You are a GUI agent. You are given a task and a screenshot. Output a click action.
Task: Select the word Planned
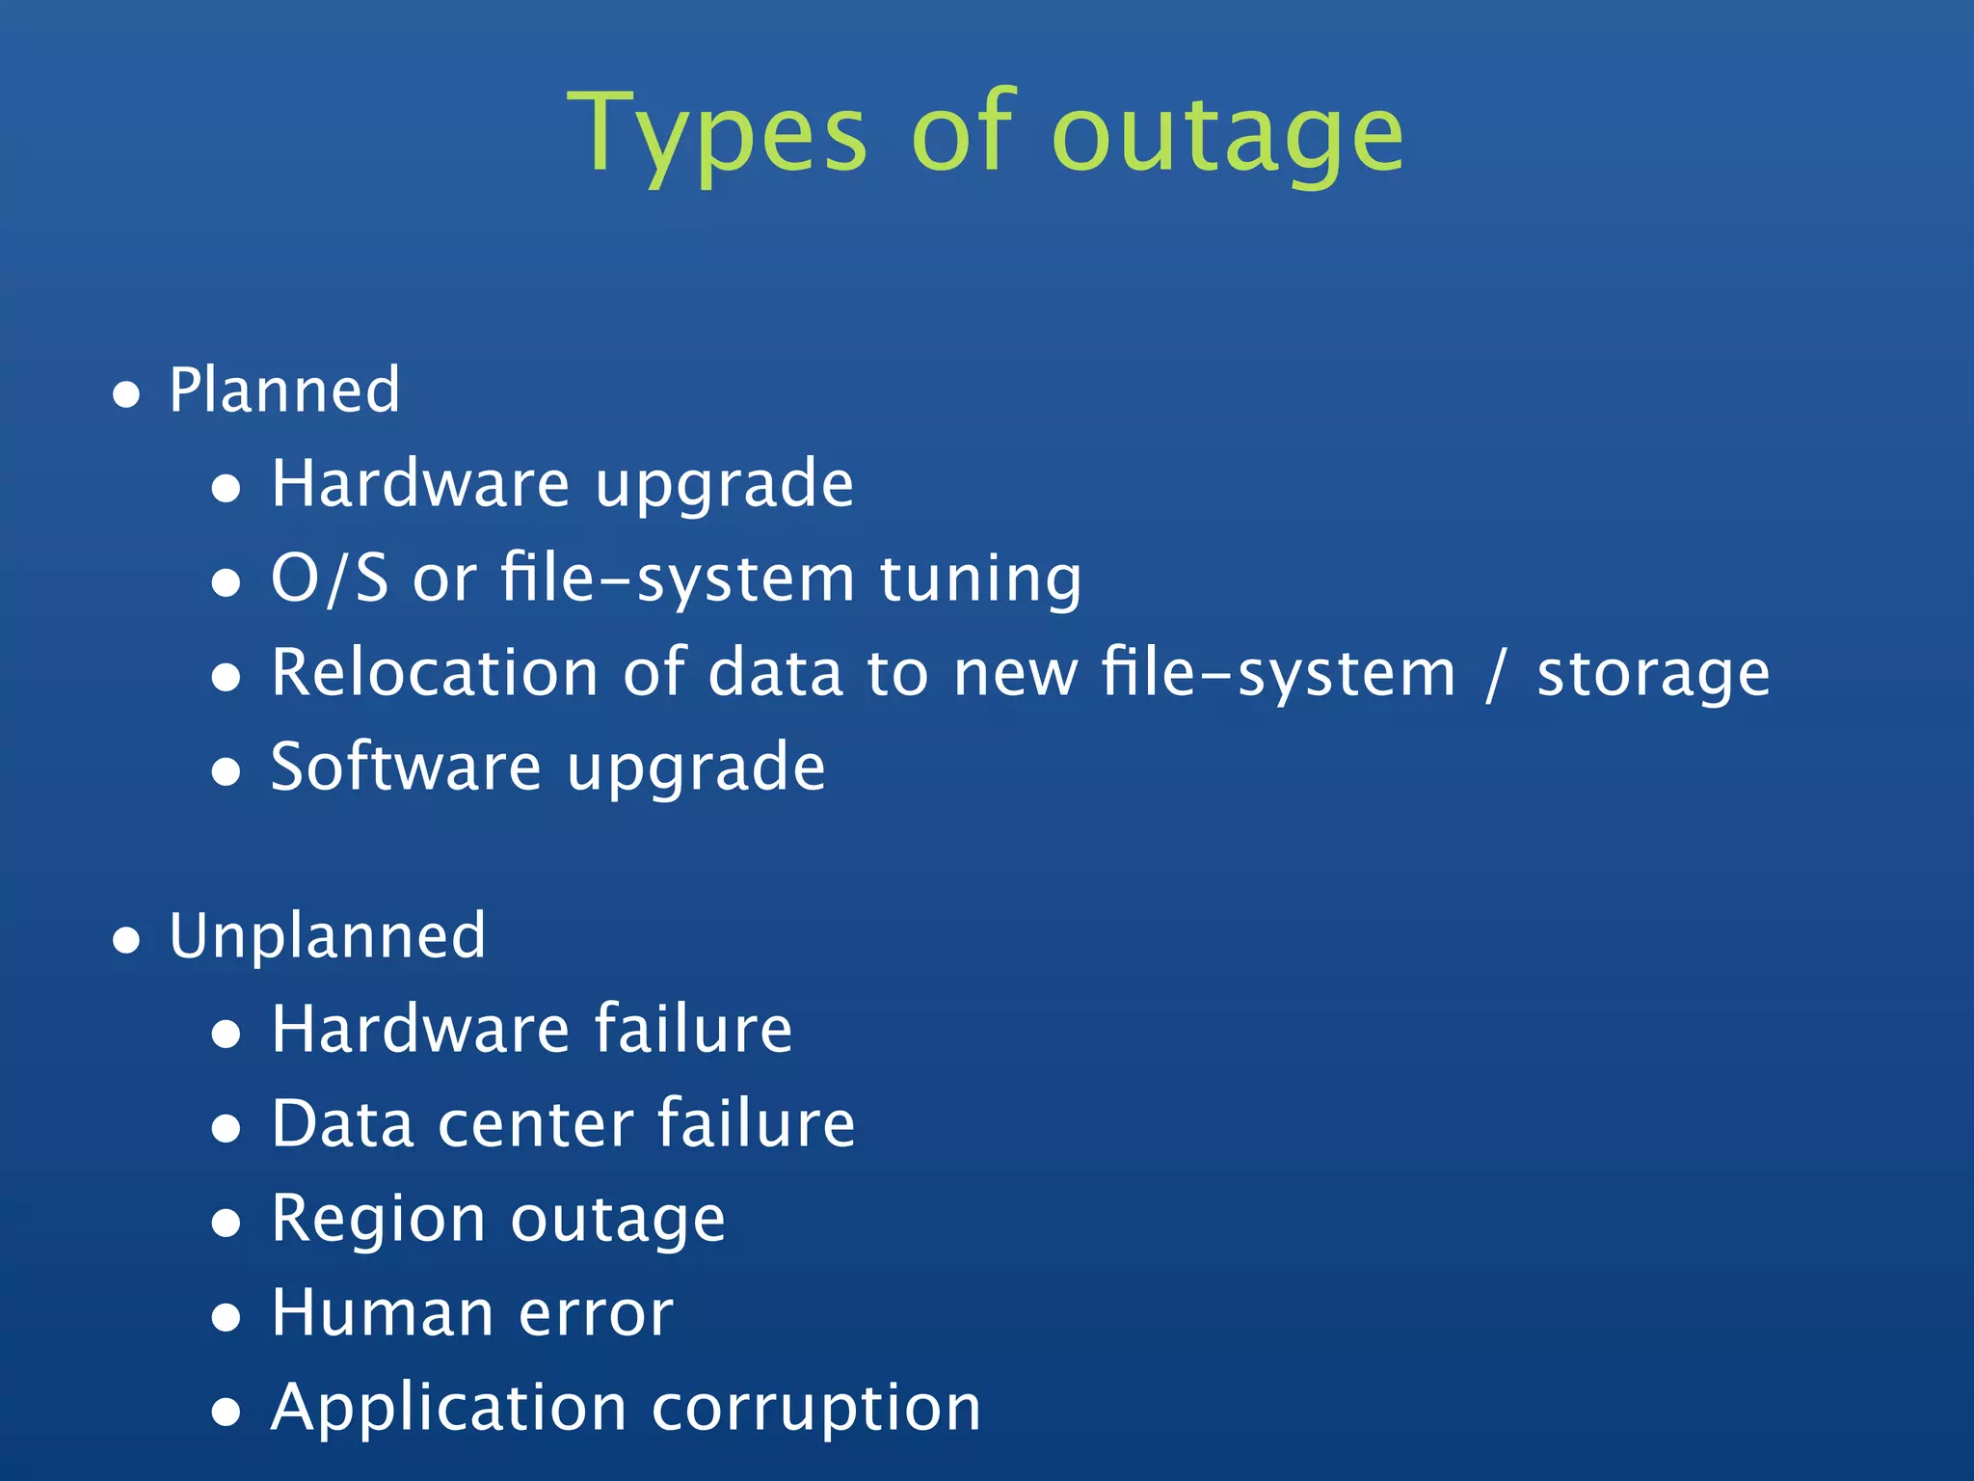(x=284, y=390)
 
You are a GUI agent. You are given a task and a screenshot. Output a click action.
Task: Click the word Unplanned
(x=328, y=936)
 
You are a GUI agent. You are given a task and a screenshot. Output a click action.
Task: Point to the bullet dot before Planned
(x=126, y=394)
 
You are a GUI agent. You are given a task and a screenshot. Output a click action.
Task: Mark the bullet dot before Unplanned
(x=126, y=940)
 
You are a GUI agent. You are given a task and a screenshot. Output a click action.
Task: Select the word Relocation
(x=435, y=672)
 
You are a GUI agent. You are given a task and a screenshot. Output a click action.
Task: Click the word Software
(x=406, y=767)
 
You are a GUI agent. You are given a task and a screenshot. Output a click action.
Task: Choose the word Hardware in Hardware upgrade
(x=420, y=483)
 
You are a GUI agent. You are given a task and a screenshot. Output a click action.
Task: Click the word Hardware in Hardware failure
(x=420, y=1029)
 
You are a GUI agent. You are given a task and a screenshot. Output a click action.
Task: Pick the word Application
(x=449, y=1408)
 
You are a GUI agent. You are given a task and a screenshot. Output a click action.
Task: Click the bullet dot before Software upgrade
(x=226, y=771)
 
